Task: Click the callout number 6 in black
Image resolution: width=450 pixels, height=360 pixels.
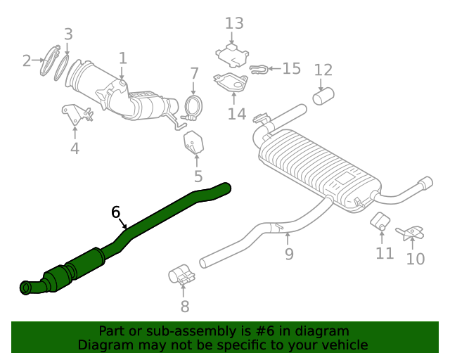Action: (x=116, y=212)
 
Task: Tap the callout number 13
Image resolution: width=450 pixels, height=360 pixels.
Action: (x=234, y=23)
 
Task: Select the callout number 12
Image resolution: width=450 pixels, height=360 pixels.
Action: (x=323, y=70)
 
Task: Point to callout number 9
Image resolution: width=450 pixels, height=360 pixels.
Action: (x=289, y=254)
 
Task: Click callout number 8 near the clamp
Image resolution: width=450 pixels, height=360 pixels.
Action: (x=185, y=306)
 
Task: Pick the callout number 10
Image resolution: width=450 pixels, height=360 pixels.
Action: (x=416, y=259)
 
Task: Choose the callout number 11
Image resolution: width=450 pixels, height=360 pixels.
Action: (x=385, y=253)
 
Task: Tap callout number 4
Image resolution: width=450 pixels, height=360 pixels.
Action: (x=75, y=148)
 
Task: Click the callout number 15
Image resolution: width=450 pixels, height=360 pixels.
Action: (x=291, y=68)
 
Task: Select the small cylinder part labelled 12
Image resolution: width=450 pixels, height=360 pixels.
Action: (x=323, y=96)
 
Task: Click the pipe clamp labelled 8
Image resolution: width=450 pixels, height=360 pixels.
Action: (x=182, y=276)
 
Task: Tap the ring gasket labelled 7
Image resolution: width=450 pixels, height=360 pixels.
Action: (x=193, y=107)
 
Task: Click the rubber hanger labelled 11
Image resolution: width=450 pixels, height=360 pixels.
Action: (x=380, y=221)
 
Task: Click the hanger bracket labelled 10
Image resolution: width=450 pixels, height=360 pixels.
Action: (x=411, y=233)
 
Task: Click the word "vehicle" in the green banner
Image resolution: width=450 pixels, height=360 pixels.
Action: (x=342, y=345)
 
